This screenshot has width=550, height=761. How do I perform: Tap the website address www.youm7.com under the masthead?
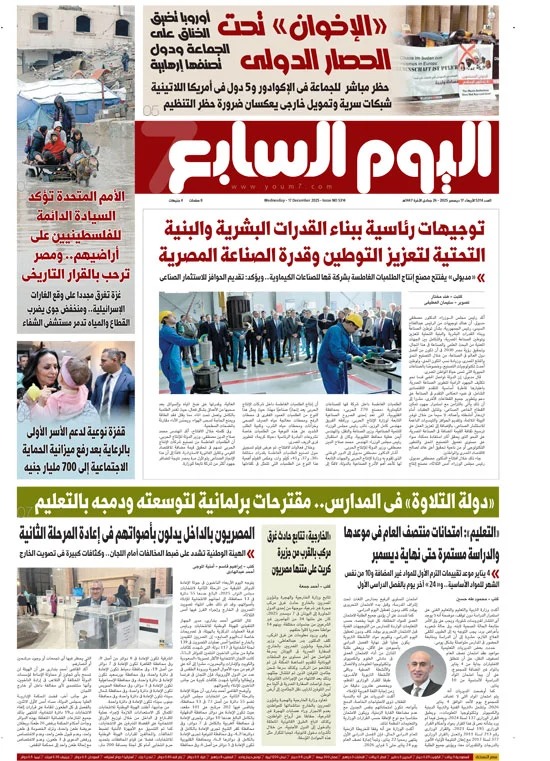click(x=329, y=193)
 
